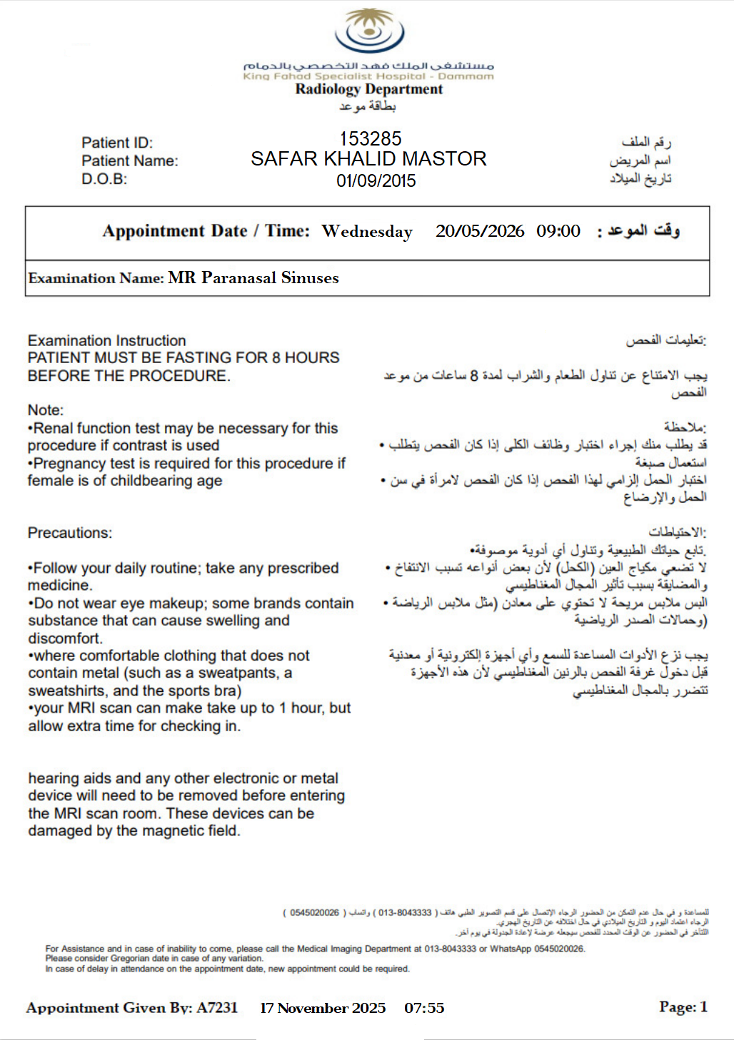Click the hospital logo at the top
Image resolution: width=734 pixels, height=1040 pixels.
point(369,32)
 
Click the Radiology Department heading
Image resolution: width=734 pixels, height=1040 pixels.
point(368,89)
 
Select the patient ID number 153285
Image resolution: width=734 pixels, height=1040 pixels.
point(371,138)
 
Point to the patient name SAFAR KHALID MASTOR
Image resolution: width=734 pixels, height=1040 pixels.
point(368,158)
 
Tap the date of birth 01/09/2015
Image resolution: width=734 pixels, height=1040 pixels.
point(376,180)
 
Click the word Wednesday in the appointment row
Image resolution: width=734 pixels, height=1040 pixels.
point(367,232)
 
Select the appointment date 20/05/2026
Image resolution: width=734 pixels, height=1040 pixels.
point(480,231)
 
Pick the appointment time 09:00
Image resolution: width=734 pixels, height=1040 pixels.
point(558,231)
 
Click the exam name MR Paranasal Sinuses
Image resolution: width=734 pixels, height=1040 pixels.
point(253,277)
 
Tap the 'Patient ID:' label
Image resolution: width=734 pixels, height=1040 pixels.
point(117,143)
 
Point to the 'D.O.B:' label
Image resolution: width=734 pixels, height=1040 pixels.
point(104,179)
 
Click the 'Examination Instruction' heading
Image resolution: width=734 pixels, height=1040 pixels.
point(107,340)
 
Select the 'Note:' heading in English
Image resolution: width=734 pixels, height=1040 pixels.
point(46,410)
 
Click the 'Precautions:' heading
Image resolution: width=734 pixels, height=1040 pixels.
point(70,533)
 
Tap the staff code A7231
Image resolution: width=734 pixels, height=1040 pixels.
point(217,1008)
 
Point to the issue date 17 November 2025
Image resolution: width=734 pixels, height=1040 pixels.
point(323,1008)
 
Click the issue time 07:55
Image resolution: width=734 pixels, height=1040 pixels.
point(424,1008)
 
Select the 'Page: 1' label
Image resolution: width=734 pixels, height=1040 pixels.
point(683,1007)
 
